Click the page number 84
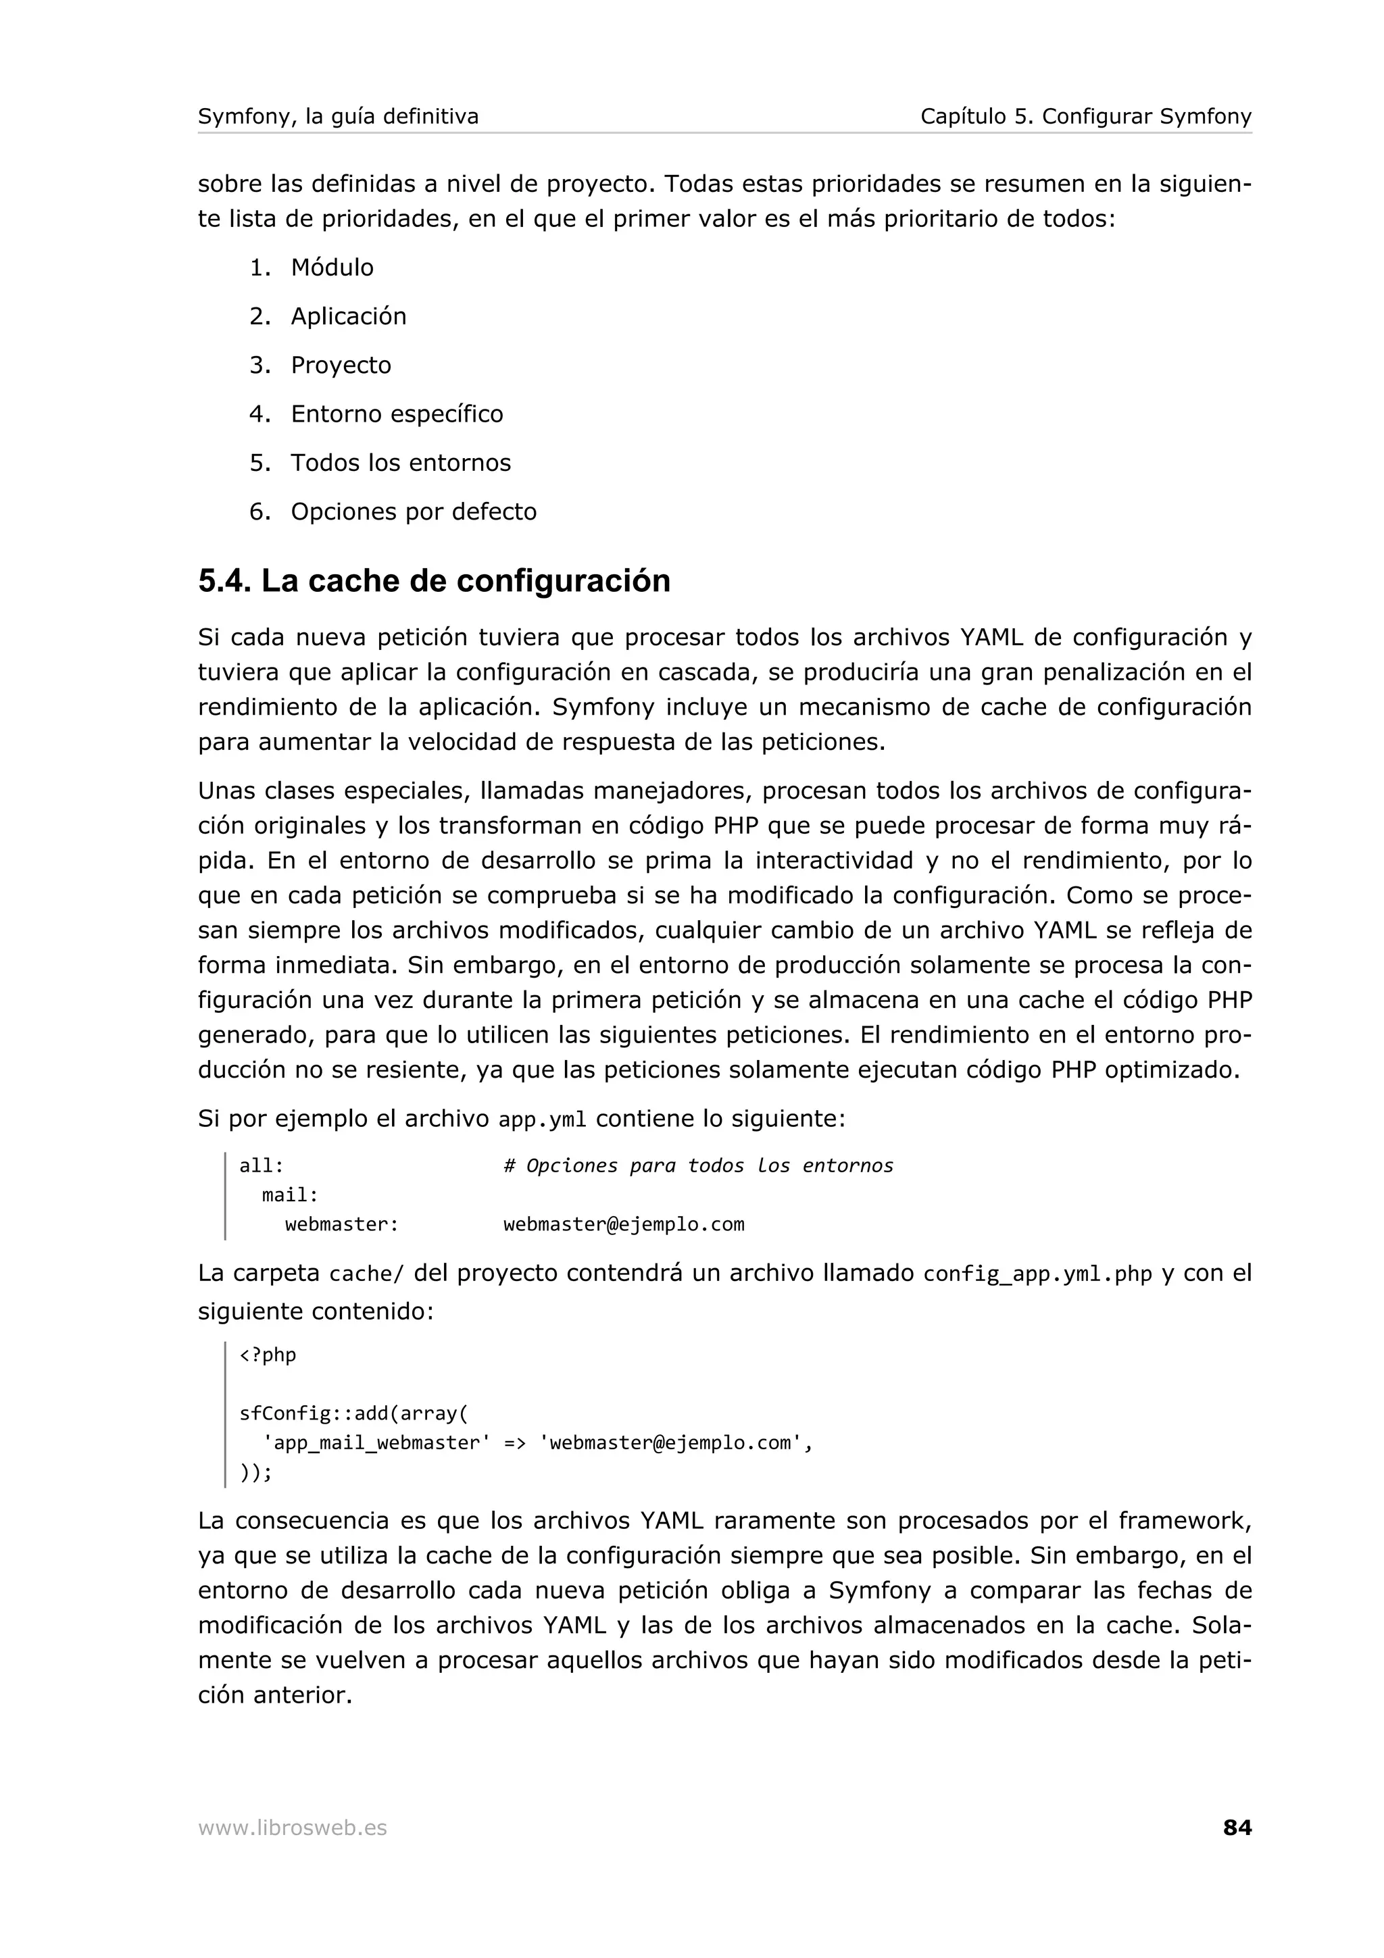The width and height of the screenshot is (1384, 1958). pos(1237,1828)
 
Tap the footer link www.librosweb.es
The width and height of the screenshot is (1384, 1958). pos(292,1828)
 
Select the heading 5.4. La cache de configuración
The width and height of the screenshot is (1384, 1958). pos(434,581)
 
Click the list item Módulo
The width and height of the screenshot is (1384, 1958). pos(332,268)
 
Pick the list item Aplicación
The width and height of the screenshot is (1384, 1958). pos(348,316)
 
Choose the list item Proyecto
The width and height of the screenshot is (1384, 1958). pos(340,365)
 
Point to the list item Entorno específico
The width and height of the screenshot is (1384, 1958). pos(397,413)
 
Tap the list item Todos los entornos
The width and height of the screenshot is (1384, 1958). pos(400,462)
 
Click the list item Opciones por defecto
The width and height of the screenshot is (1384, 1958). pos(413,511)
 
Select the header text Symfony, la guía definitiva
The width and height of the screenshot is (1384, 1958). pos(338,116)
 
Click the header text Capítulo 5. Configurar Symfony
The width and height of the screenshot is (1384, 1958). pos(1085,116)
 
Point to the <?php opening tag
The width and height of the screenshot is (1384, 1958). pos(268,1355)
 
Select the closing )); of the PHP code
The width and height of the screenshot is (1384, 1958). pos(255,1472)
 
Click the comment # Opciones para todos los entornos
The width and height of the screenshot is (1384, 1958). pos(697,1165)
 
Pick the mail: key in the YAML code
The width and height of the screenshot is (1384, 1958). pos(290,1195)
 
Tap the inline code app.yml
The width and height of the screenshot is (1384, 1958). pos(543,1120)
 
